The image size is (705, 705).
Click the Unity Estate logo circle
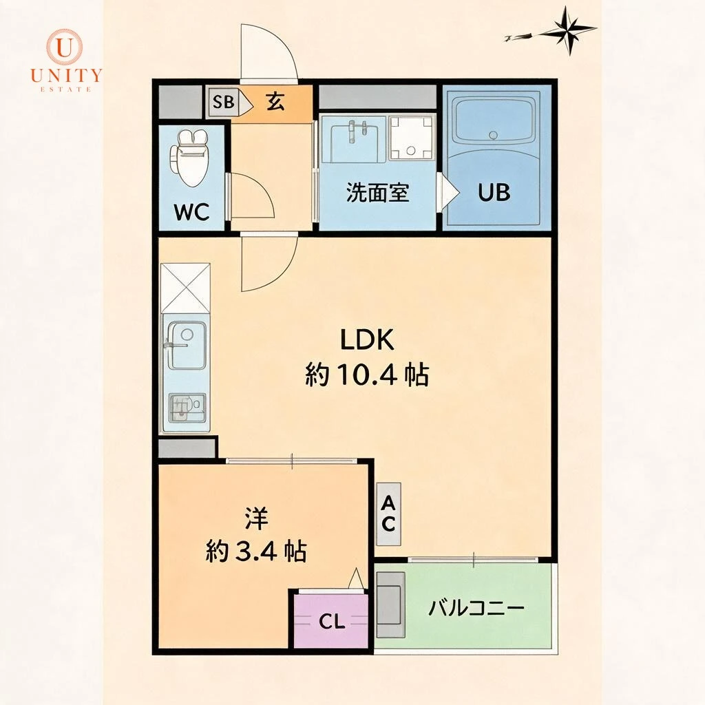[65, 48]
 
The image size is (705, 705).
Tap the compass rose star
[569, 31]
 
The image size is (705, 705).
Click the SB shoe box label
[224, 102]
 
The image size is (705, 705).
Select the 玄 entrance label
[275, 102]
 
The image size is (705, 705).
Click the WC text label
[192, 212]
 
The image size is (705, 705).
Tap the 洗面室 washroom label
[378, 193]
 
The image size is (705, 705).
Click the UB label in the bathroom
[494, 193]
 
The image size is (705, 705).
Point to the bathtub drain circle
[494, 134]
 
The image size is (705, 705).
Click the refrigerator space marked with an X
[185, 288]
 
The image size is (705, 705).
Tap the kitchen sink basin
[187, 345]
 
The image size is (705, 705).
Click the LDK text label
[368, 340]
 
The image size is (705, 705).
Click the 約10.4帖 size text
[368, 375]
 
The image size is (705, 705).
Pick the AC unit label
[388, 514]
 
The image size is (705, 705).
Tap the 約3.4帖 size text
[256, 551]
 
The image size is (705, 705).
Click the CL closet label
[332, 622]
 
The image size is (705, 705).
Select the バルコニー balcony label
[476, 609]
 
